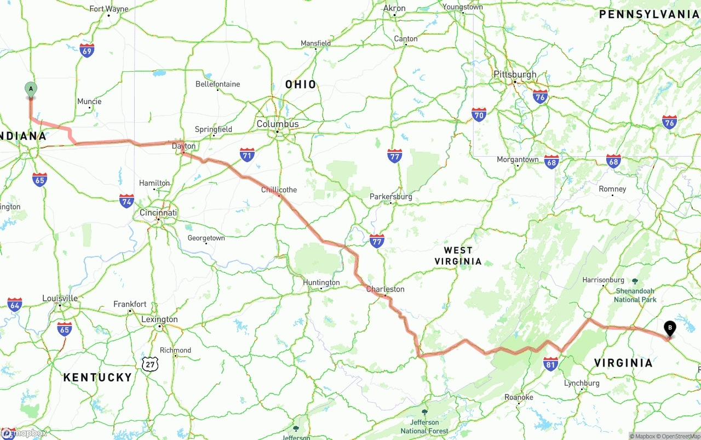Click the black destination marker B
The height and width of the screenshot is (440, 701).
[669, 328]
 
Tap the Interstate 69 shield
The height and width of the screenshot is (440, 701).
[87, 50]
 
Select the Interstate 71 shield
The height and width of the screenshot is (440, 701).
[247, 155]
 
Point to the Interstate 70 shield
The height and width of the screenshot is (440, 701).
[479, 115]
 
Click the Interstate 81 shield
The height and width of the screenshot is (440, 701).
[551, 363]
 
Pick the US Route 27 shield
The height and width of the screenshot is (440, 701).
[150, 364]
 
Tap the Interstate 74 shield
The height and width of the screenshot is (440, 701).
[127, 201]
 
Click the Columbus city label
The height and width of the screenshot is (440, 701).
[278, 124]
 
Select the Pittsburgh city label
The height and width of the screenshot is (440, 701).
[515, 75]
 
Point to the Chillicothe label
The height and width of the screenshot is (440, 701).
[279, 190]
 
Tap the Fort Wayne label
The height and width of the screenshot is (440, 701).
[108, 9]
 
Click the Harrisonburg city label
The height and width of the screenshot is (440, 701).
[603, 280]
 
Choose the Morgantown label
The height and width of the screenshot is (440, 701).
[518, 159]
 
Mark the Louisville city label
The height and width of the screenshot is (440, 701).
[60, 298]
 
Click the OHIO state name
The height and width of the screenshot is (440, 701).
[301, 84]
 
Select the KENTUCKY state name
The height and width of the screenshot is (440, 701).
[97, 378]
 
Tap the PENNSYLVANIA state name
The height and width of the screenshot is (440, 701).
[649, 15]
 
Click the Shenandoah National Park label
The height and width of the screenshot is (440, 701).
[635, 295]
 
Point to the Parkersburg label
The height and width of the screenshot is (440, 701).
[390, 196]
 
